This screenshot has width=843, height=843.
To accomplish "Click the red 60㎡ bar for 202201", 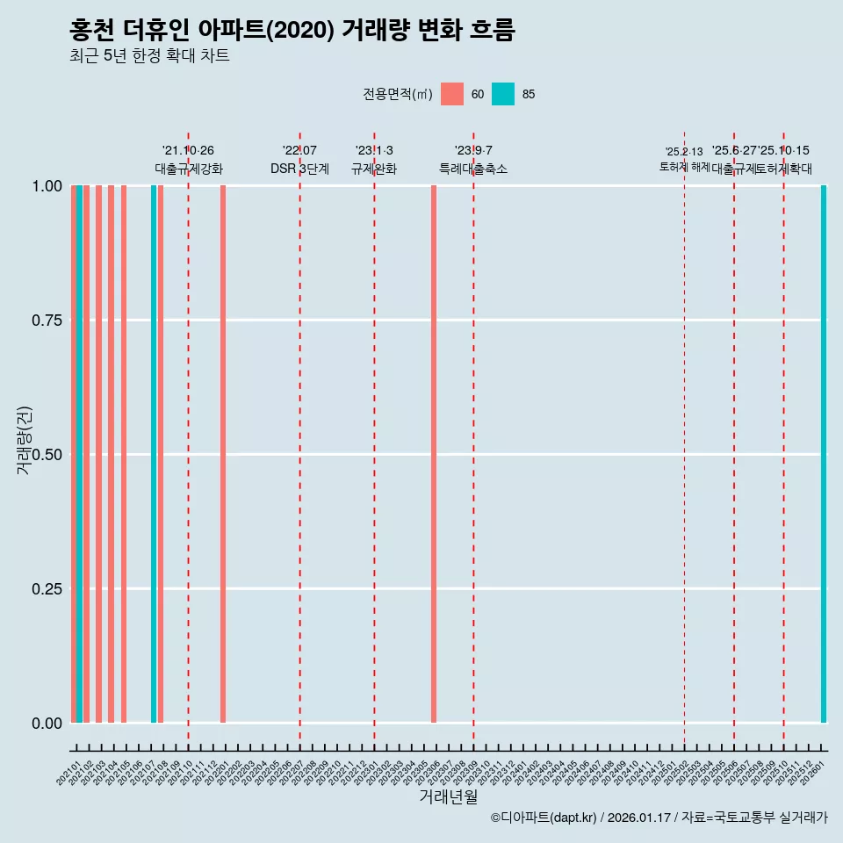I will click(x=223, y=454).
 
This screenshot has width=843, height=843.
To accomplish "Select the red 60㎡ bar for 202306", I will click(x=434, y=454).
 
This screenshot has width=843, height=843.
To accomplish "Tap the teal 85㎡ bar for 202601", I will click(x=824, y=454).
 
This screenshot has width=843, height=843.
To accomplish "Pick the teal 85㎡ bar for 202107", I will click(x=154, y=454).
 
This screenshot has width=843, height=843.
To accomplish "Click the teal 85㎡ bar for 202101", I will click(x=79, y=454).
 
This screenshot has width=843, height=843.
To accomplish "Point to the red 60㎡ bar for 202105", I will click(x=124, y=454).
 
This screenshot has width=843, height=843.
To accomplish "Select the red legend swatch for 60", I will click(x=452, y=94).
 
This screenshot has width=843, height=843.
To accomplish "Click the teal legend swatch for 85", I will click(x=503, y=94).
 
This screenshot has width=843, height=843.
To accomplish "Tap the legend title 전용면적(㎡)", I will click(x=397, y=94).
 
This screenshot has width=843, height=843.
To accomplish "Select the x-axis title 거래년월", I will click(x=448, y=797).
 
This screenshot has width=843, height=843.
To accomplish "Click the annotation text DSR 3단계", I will click(x=299, y=169).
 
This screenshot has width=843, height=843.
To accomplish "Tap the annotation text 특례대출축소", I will click(x=473, y=169).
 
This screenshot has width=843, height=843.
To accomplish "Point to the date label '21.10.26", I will click(x=188, y=150).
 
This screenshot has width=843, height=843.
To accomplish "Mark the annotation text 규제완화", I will click(x=374, y=169).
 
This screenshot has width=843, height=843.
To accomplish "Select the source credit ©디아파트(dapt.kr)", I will click(x=544, y=818).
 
